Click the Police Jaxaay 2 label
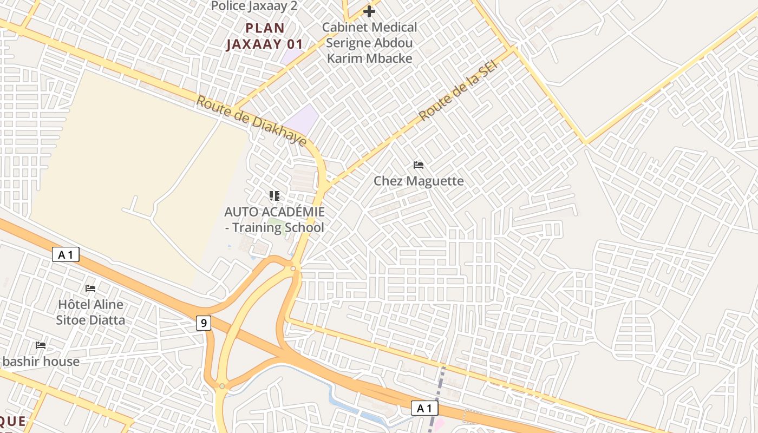coord(254,6)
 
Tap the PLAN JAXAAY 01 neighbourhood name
coord(264,36)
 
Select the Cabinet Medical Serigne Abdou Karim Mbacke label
coord(370,43)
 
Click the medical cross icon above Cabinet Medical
coord(369,11)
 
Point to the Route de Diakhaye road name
coord(251,121)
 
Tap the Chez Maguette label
coord(419,181)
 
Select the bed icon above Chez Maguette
coord(418,165)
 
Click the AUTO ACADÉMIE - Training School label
coord(275,219)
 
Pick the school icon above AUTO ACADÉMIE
coord(275,195)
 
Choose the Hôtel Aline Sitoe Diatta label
coord(90,312)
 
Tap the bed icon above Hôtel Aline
coord(90,288)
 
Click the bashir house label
coord(41,361)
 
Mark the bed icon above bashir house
coord(41,345)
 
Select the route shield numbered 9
coord(204,324)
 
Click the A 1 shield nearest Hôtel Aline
coord(66,254)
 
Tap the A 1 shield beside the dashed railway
coord(424,408)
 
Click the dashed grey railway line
coord(437,395)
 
